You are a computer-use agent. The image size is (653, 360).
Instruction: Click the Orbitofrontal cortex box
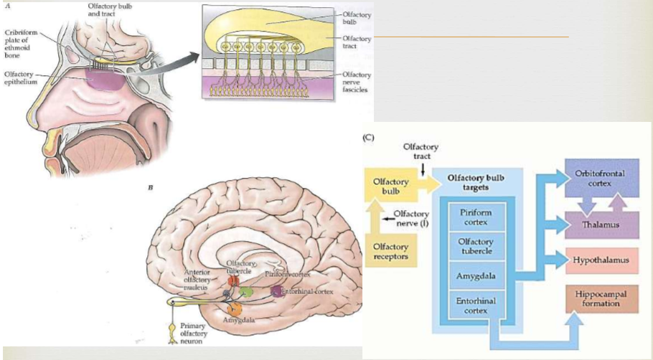(x=600, y=175)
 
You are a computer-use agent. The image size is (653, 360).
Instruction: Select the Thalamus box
(x=600, y=224)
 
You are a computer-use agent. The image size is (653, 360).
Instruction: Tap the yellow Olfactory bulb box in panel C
(x=391, y=186)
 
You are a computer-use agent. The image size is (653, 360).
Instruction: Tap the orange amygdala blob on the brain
(x=234, y=309)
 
